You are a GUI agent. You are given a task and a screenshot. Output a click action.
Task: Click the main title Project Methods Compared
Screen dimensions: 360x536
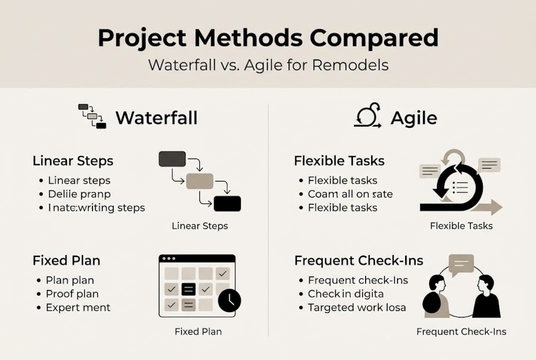point(268,38)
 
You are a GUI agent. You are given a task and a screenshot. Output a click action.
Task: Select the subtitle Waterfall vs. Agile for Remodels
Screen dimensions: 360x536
point(268,65)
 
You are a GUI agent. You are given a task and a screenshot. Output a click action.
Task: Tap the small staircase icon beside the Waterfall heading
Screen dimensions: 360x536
point(92,116)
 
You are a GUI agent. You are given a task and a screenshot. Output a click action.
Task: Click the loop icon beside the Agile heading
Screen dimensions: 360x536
point(368,116)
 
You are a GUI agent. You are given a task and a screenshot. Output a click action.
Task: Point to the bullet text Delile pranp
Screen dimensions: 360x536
point(79,194)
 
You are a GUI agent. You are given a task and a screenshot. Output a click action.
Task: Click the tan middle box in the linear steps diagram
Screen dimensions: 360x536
point(199,181)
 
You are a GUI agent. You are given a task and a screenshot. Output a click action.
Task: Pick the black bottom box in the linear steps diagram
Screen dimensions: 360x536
point(227,203)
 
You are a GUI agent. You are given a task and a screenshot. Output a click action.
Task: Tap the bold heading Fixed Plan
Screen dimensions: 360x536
point(66,260)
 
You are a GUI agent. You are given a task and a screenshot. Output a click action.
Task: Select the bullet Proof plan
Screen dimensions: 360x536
point(72,294)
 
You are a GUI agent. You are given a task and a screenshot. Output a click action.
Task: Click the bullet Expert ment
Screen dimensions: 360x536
point(78,307)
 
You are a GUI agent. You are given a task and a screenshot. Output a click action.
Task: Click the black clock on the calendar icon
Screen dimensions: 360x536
point(229,300)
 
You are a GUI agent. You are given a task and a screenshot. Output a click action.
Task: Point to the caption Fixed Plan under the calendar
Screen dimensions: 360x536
point(198,331)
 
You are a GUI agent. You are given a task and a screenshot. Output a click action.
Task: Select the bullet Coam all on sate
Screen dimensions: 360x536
point(350,194)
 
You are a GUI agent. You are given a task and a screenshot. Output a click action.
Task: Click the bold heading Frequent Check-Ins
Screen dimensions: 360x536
point(359,260)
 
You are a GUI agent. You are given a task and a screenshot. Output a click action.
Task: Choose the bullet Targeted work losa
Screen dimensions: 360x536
point(357,307)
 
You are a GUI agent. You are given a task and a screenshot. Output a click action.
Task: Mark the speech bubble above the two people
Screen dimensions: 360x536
point(461,264)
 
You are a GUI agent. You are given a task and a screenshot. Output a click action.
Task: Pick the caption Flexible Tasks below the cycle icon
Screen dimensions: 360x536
point(461,226)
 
